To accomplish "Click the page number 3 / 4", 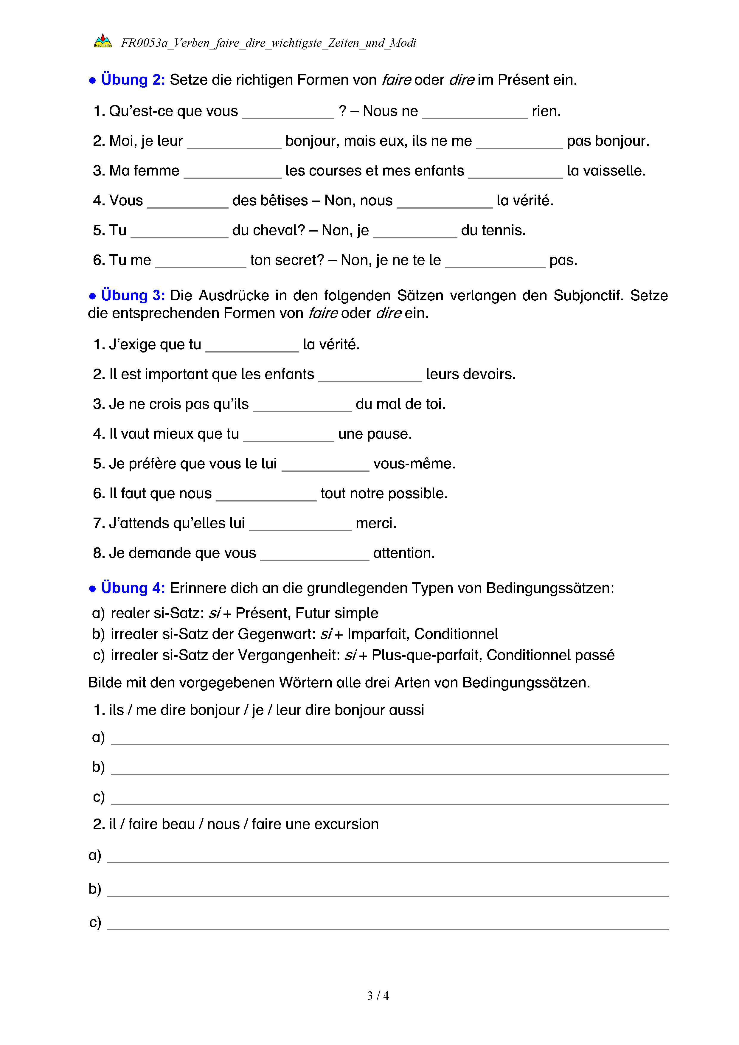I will pyautogui.click(x=378, y=996).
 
